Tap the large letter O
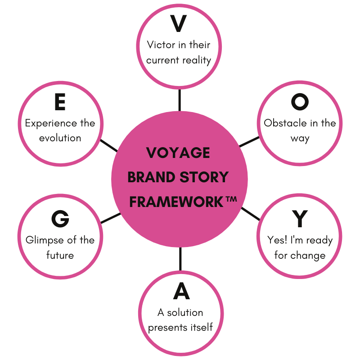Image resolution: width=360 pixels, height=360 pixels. [x=300, y=102]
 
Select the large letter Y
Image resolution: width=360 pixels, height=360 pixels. [x=300, y=219]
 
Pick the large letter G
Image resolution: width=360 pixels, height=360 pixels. [x=60, y=219]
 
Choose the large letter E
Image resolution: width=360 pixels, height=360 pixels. [x=60, y=103]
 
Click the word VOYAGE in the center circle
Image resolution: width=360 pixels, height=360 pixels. [x=178, y=153]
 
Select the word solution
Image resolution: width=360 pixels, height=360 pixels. [x=185, y=312]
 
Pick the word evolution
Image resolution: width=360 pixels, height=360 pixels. [x=60, y=138]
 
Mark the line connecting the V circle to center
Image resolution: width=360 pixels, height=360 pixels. [x=180, y=100]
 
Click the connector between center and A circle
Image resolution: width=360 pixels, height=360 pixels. [x=180, y=259]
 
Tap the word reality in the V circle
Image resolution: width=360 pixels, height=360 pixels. [x=197, y=60]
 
